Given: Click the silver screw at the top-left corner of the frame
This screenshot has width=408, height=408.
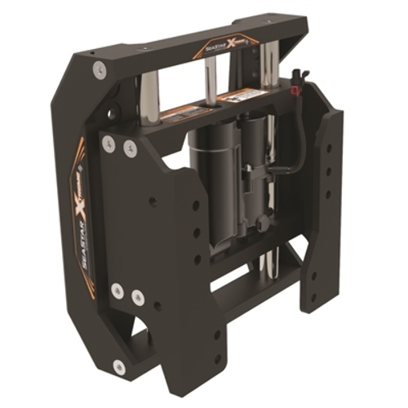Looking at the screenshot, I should (100, 70).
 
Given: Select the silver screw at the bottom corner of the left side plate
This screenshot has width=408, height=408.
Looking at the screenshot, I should (121, 365).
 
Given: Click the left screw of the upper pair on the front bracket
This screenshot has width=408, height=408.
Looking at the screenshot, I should (109, 145).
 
